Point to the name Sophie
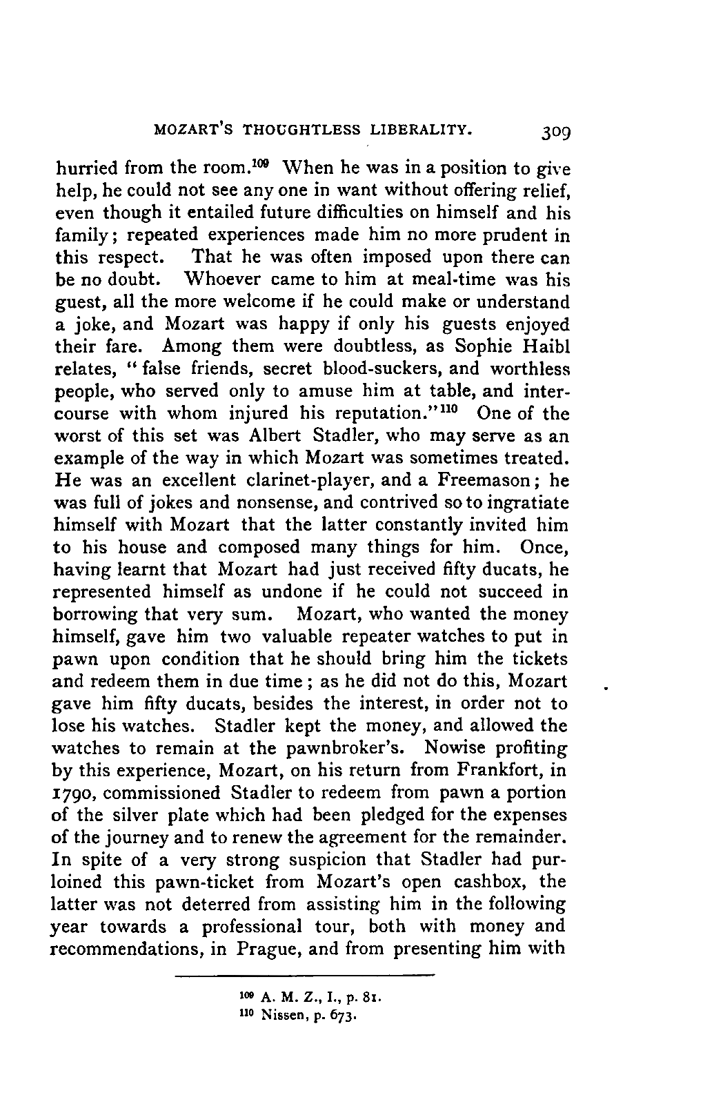(471, 347)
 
